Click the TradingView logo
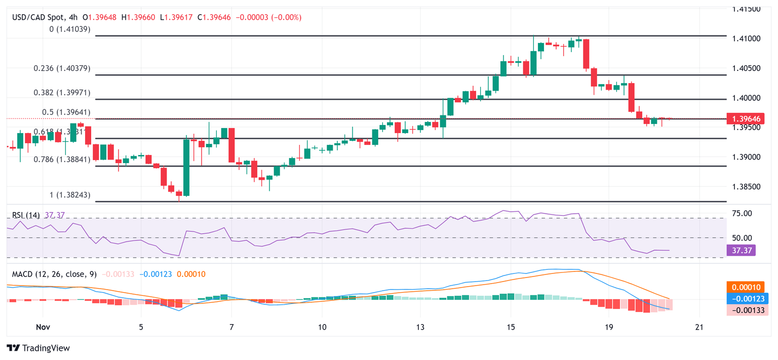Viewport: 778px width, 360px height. (x=38, y=348)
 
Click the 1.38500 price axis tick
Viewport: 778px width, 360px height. (x=746, y=187)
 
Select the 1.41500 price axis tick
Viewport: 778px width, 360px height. (x=746, y=9)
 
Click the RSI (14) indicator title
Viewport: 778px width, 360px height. (x=26, y=215)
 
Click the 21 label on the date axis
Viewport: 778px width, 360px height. (x=699, y=326)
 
